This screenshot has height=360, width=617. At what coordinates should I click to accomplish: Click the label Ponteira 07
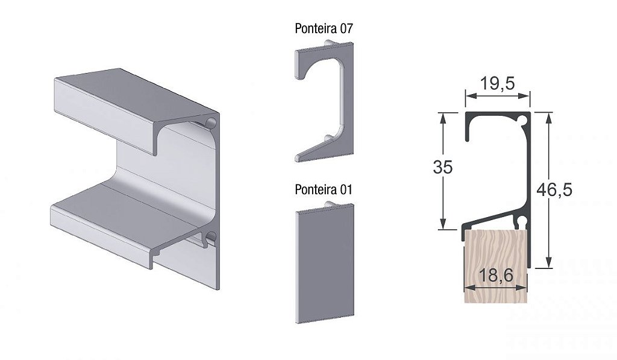coord(324,29)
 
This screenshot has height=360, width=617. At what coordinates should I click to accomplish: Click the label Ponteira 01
coord(324,189)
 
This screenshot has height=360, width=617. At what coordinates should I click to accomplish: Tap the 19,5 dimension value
coord(497,83)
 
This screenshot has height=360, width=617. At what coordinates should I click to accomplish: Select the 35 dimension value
coord(443,168)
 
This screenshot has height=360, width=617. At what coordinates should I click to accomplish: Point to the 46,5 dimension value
coord(554,190)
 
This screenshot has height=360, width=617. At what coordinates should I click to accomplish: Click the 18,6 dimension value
coord(496,276)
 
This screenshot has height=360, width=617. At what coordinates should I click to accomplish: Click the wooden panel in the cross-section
coord(496,267)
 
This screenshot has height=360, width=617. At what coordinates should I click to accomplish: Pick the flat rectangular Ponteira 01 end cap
coord(325,264)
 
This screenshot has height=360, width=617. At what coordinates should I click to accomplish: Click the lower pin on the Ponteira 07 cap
coord(327,138)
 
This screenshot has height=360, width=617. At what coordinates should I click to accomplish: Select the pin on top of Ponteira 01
coord(329,204)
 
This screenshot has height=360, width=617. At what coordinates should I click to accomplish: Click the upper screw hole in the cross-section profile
coord(523,119)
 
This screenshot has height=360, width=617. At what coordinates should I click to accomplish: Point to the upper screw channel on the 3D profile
coord(211,122)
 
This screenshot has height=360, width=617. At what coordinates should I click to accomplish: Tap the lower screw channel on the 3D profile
coord(210,237)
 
